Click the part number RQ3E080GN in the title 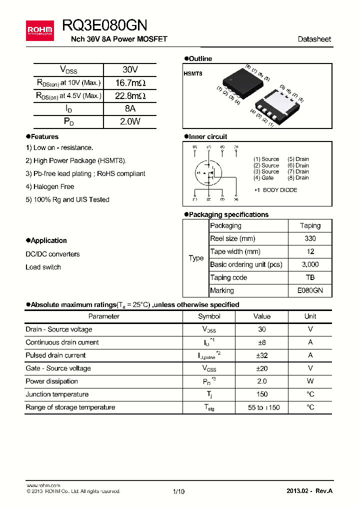pos(104,25)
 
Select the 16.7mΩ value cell pos(130,82)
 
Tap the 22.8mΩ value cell pos(130,95)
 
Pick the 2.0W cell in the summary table pos(130,121)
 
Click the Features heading pos(44,136)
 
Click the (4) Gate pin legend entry pos(263,177)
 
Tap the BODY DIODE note pos(279,190)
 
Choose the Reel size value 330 pos(310,238)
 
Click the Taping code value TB pos(310,277)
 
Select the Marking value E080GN pos(310,290)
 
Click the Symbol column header pos(209,316)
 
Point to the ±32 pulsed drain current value pos(262,355)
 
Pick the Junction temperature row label pos(57,394)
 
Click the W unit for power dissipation pos(310,381)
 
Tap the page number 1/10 pos(178,491)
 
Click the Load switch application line pos(43,267)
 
